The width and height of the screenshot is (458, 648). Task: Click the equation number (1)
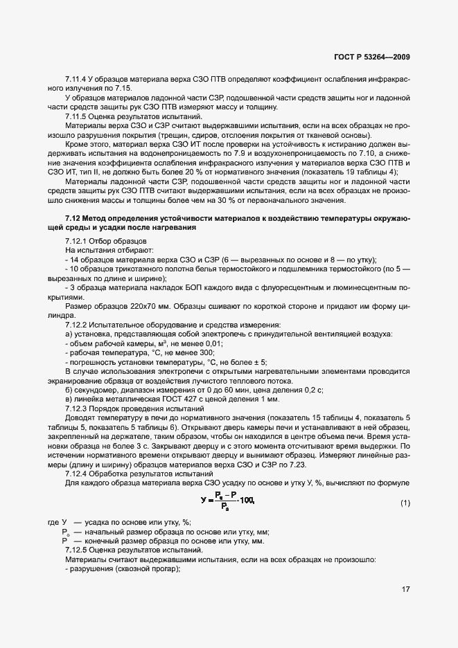[x=405, y=503]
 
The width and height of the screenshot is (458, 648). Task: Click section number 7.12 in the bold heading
[x=76, y=218]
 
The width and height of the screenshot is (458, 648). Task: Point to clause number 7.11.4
[x=78, y=80]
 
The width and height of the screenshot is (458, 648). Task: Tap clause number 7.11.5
[x=78, y=116]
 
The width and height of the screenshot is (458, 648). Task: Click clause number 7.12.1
[x=78, y=241]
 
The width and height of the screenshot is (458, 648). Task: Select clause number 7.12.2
[x=78, y=325]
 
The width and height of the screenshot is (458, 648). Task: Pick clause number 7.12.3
[x=78, y=408]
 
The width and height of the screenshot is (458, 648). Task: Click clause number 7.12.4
[x=78, y=474]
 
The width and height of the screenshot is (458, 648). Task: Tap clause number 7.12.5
[x=78, y=550]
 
